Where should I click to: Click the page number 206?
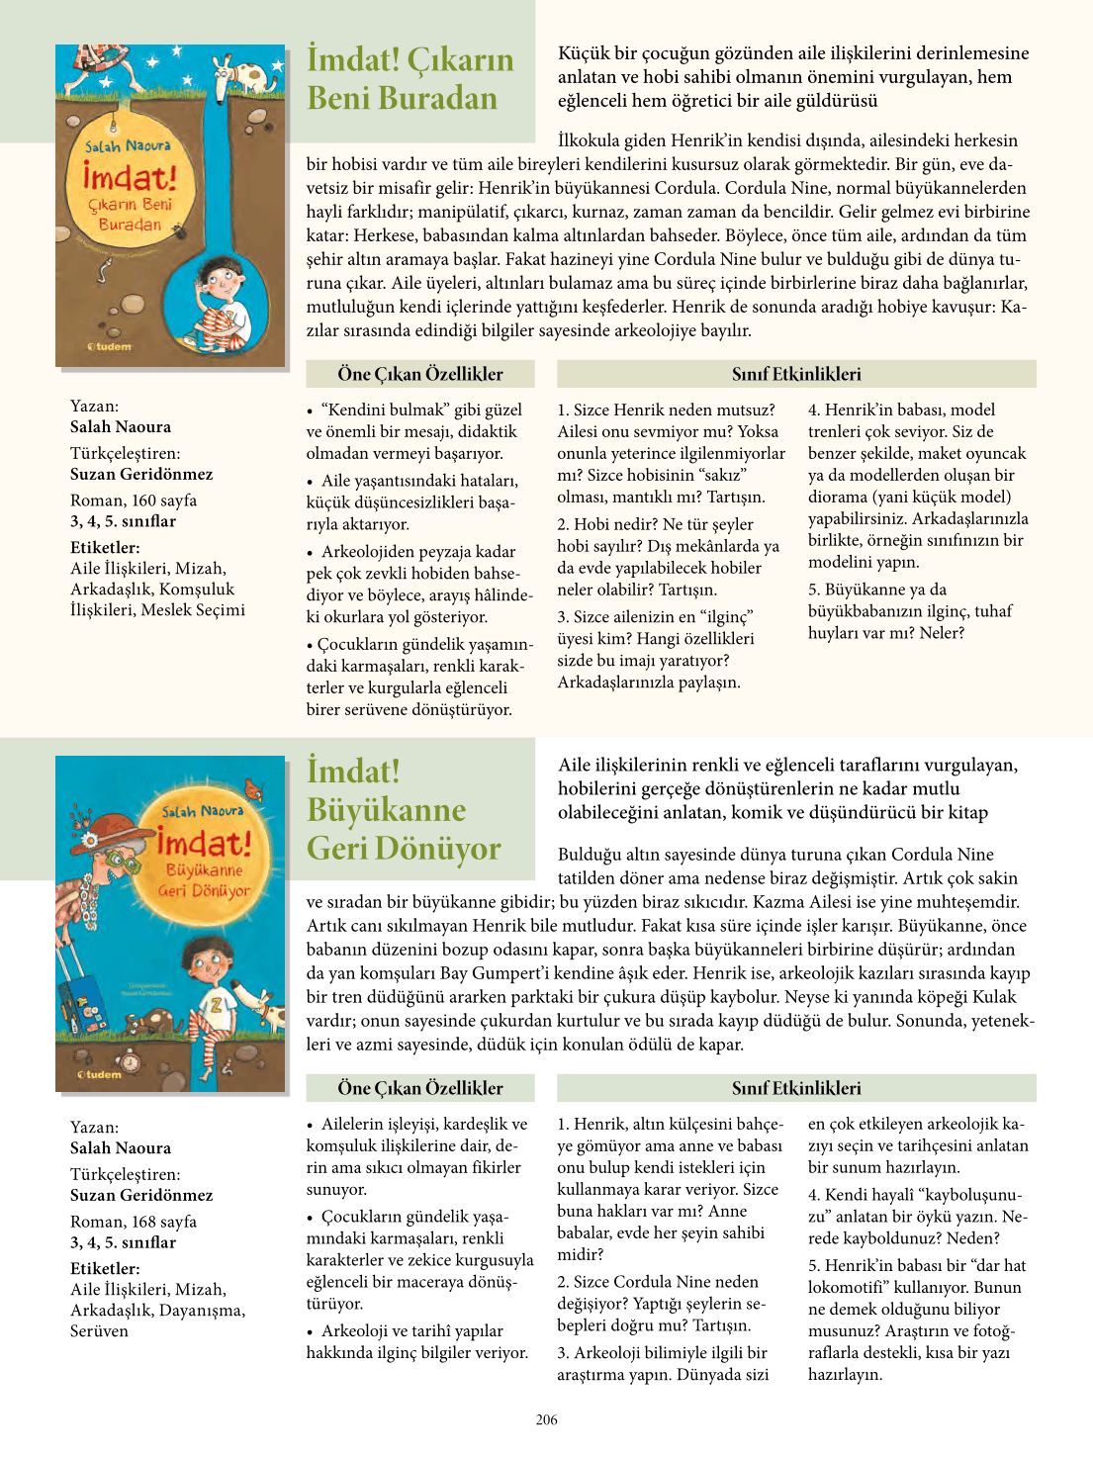pos(546,1419)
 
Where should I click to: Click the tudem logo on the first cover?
pos(110,346)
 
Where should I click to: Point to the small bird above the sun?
pos(256,789)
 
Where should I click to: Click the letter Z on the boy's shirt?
pos(219,1004)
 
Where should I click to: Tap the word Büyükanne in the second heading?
pos(386,809)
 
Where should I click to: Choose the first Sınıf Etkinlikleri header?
pos(796,374)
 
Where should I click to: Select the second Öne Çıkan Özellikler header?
pos(419,1088)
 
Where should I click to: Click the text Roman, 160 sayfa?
pos(134,501)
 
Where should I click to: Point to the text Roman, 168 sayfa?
pos(134,1222)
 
